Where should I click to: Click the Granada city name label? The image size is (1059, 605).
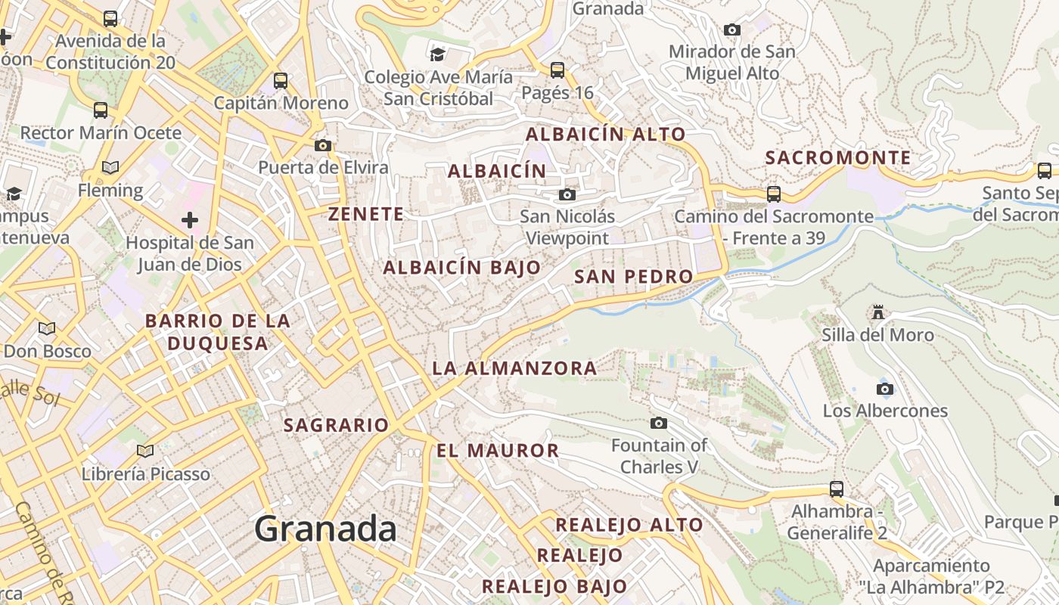pos(325,528)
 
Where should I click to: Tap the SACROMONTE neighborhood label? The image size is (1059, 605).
pos(838,158)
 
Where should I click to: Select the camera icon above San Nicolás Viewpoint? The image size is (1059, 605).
pos(567,195)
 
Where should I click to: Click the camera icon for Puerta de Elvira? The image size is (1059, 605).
pos(323,145)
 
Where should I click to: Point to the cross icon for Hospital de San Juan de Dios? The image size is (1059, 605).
pos(190,220)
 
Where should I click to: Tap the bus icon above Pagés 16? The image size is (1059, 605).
pos(557,70)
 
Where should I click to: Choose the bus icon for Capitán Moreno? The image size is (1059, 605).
pos(281,80)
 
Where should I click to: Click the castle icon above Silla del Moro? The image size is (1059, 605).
pos(877,312)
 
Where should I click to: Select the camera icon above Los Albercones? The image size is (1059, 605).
pos(884,389)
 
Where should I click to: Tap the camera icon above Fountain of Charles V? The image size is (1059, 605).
pos(659,423)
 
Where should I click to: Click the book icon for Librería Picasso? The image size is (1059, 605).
pos(145,451)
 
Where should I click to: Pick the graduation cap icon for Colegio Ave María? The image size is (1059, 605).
pos(437,54)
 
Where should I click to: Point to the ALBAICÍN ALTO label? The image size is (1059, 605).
pos(605,135)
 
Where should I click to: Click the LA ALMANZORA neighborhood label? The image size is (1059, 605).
pos(514,368)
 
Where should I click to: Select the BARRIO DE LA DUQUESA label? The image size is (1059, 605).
pos(218,332)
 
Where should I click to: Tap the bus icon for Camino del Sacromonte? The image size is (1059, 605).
pos(774,194)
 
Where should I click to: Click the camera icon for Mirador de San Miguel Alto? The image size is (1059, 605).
pos(731,30)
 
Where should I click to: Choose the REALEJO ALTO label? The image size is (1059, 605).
pos(629,525)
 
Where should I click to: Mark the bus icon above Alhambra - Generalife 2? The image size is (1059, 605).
pos(837,489)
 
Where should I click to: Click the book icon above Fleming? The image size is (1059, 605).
pos(110,167)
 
